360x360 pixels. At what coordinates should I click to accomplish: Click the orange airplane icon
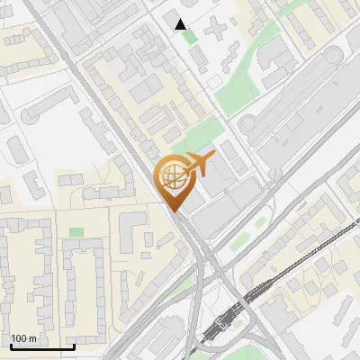click(x=199, y=164)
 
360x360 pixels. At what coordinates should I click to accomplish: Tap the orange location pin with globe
click(x=174, y=183)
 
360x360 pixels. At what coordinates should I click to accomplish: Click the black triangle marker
click(x=181, y=24)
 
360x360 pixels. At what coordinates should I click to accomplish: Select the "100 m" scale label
click(x=24, y=338)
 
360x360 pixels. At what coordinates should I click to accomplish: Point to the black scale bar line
click(x=41, y=346)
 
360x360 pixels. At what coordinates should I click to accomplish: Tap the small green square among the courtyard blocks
click(x=76, y=232)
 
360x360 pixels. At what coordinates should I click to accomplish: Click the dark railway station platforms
click(x=224, y=319)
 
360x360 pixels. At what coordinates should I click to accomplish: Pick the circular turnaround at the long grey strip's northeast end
click(x=334, y=58)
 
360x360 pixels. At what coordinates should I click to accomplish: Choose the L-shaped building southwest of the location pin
click(x=132, y=232)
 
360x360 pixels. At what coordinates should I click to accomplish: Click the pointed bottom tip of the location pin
click(x=174, y=210)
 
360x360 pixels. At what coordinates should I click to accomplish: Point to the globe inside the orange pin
click(x=174, y=177)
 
